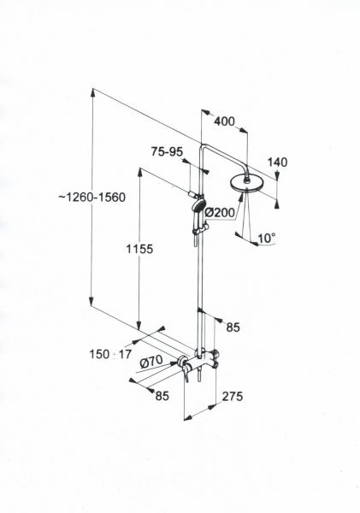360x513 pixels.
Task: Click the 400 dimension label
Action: click(x=224, y=121)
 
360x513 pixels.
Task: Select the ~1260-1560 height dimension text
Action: click(x=92, y=198)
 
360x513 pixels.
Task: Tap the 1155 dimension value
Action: click(x=139, y=249)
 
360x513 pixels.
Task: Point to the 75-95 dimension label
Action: click(x=167, y=151)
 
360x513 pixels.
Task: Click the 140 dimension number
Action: click(x=277, y=162)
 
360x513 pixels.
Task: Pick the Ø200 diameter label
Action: click(x=220, y=213)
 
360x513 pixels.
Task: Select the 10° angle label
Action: click(x=267, y=239)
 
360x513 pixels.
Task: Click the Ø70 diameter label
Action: click(x=150, y=362)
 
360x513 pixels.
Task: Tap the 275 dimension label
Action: click(x=233, y=396)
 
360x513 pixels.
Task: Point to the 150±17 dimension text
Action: click(x=110, y=354)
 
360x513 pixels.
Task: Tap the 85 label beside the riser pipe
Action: click(x=233, y=327)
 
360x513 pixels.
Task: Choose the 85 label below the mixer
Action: click(x=162, y=396)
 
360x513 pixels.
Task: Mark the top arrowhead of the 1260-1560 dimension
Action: click(x=93, y=92)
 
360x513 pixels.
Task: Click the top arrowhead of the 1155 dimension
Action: click(x=140, y=172)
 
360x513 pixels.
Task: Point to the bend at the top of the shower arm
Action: click(x=203, y=147)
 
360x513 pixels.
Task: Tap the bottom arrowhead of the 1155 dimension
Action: click(x=139, y=326)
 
